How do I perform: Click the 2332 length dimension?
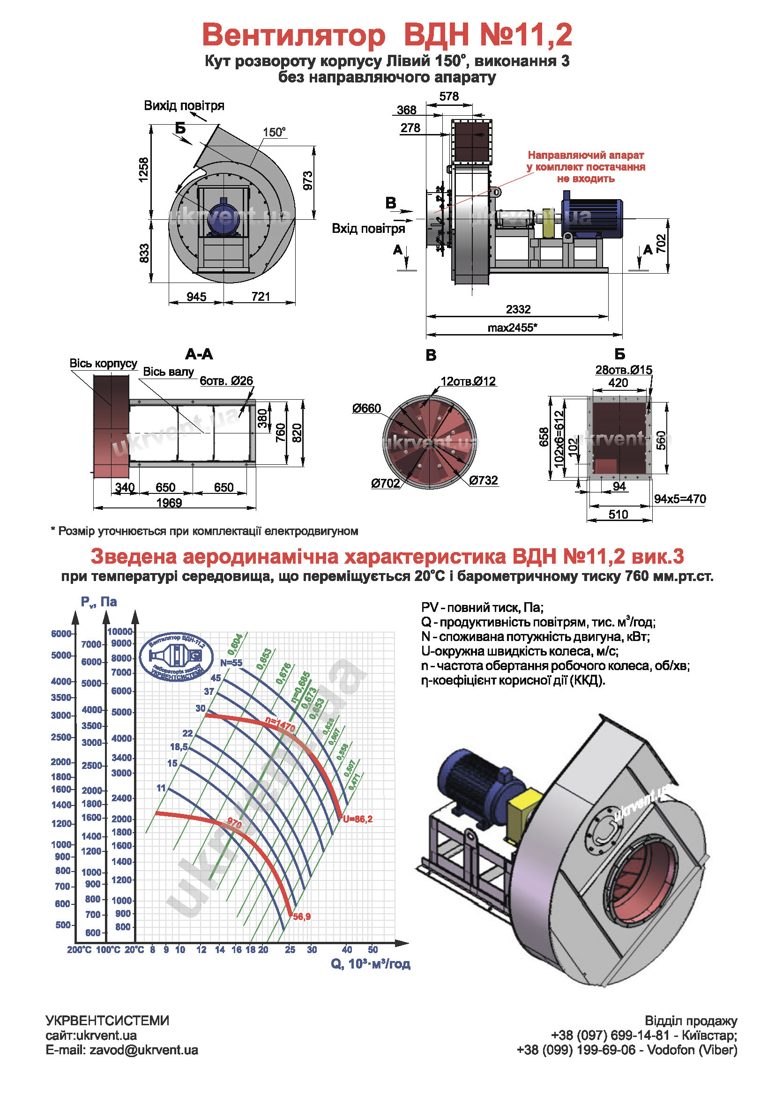tap(518, 309)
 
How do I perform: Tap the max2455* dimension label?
tap(512, 328)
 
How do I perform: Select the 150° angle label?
tap(275, 132)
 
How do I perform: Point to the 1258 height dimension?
tap(144, 170)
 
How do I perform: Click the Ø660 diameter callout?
tap(366, 408)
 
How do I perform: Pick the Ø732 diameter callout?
tap(484, 480)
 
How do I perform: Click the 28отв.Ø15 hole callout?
tap(623, 370)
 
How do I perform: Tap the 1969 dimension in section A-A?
tap(169, 503)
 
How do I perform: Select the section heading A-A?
tap(199, 354)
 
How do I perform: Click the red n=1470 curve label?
tap(281, 725)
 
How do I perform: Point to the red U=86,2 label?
tap(358, 819)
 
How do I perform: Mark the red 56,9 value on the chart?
tap(302, 917)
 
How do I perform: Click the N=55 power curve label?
tap(231, 663)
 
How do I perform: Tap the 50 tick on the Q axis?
tap(373, 949)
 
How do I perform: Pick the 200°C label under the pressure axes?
tap(79, 950)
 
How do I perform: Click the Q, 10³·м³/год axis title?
tap(370, 964)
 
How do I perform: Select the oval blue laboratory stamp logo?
tap(177, 658)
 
